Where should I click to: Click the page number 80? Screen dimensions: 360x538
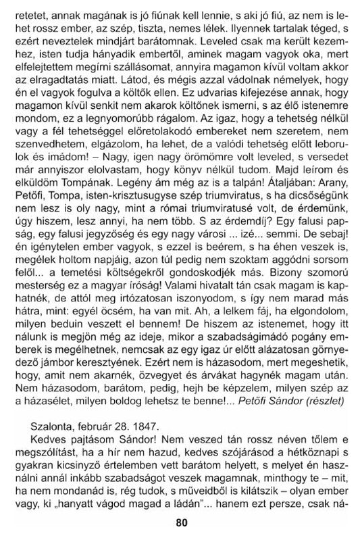tap(180, 522)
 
